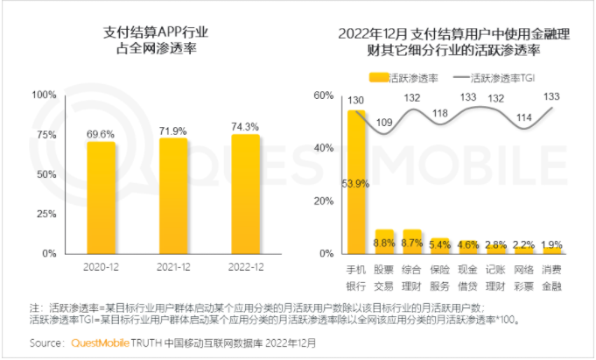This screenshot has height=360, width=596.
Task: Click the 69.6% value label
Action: click(101, 134)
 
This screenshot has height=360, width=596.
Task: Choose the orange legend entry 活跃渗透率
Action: click(401, 77)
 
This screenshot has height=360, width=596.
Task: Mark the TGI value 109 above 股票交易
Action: click(384, 121)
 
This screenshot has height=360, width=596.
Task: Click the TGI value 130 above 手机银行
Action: click(355, 101)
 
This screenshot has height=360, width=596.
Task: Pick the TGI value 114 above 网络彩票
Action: click(524, 117)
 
